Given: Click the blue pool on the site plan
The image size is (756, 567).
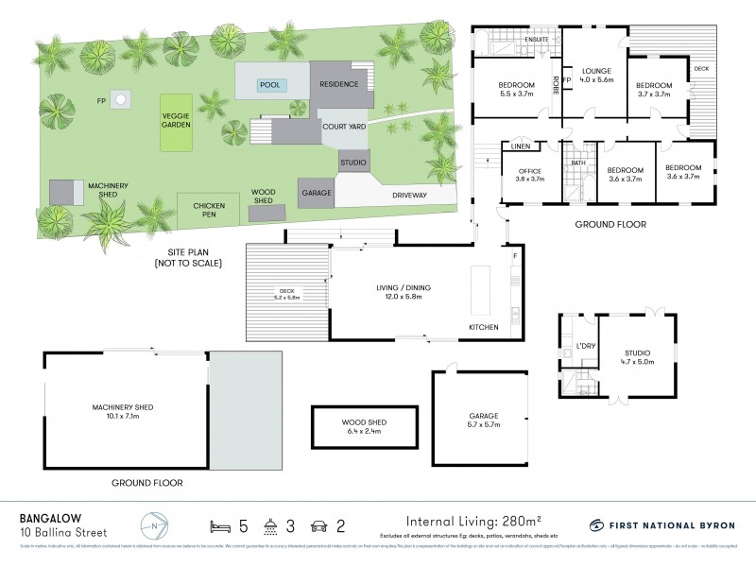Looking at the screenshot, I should click(x=272, y=86).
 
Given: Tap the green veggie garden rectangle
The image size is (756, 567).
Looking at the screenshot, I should click(x=174, y=122).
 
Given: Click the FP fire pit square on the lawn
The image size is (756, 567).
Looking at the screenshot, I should click(x=120, y=98).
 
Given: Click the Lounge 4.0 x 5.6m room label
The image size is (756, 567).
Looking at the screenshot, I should click(x=597, y=76).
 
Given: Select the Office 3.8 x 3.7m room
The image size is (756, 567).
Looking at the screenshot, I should click(x=529, y=175).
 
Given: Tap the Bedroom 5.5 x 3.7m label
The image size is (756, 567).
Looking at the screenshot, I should click(x=516, y=90).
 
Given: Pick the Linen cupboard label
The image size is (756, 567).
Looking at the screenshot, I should click(x=521, y=146).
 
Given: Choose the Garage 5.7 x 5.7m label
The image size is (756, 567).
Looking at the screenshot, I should click(x=483, y=421).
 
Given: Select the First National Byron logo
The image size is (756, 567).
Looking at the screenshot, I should click(x=658, y=524).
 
